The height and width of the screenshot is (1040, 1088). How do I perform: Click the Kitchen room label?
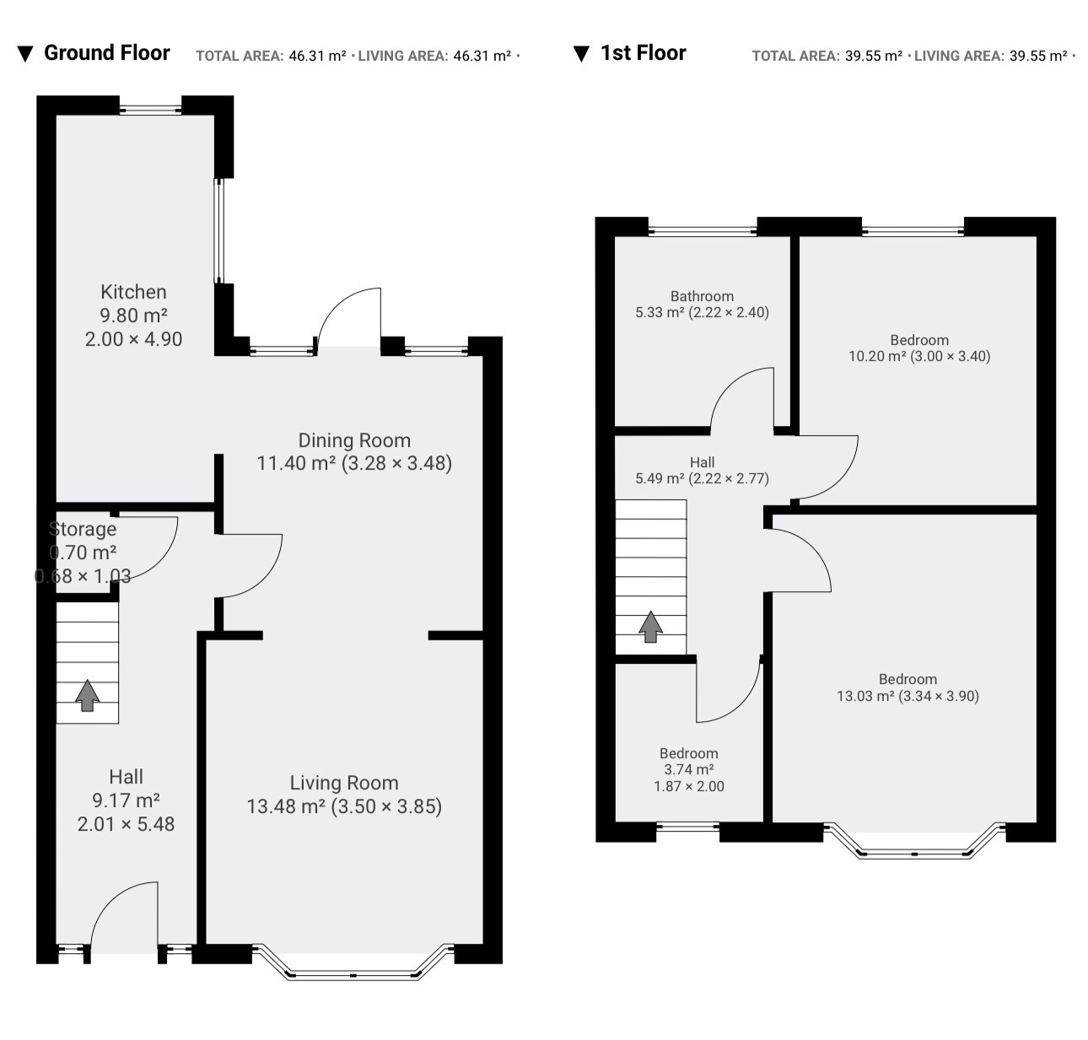(133, 292)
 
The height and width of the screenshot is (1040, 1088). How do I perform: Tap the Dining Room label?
(354, 440)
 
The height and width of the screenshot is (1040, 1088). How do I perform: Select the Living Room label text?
(344, 783)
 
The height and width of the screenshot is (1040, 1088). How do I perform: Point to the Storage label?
(83, 529)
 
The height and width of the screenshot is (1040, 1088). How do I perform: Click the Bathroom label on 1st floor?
(702, 296)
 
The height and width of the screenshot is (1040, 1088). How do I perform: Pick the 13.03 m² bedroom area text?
(864, 696)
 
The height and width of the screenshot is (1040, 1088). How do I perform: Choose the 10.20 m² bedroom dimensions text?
(951, 356)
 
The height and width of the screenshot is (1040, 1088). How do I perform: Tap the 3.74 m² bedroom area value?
(689, 769)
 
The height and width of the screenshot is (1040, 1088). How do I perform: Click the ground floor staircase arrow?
(87, 695)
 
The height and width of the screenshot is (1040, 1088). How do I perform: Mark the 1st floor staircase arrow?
(650, 627)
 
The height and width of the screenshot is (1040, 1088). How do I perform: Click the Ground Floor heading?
(107, 53)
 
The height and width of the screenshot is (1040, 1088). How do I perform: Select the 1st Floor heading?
(643, 53)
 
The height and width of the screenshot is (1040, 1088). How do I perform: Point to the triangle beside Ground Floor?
(25, 54)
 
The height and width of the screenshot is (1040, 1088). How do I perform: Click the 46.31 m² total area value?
(317, 56)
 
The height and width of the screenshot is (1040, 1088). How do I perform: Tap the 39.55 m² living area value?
(1038, 56)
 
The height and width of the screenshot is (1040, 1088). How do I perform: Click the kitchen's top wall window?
(150, 109)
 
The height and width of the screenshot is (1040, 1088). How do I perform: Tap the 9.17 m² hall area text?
(126, 800)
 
